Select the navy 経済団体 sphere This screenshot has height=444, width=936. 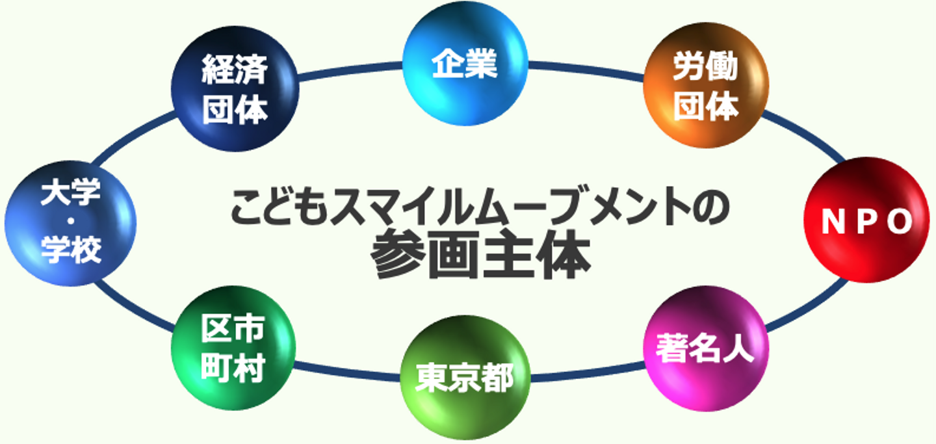pyautogui.click(x=235, y=89)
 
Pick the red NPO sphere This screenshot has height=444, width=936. pyautogui.click(x=867, y=220)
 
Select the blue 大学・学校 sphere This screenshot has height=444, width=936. pyautogui.click(x=70, y=221)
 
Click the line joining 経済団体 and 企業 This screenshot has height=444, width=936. pyautogui.click(x=351, y=71)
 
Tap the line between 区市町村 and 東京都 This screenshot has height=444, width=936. pyautogui.click(x=348, y=371)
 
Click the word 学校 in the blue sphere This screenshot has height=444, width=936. pyautogui.click(x=71, y=251)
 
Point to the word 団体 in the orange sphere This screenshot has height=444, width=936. pyautogui.click(x=705, y=106)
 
